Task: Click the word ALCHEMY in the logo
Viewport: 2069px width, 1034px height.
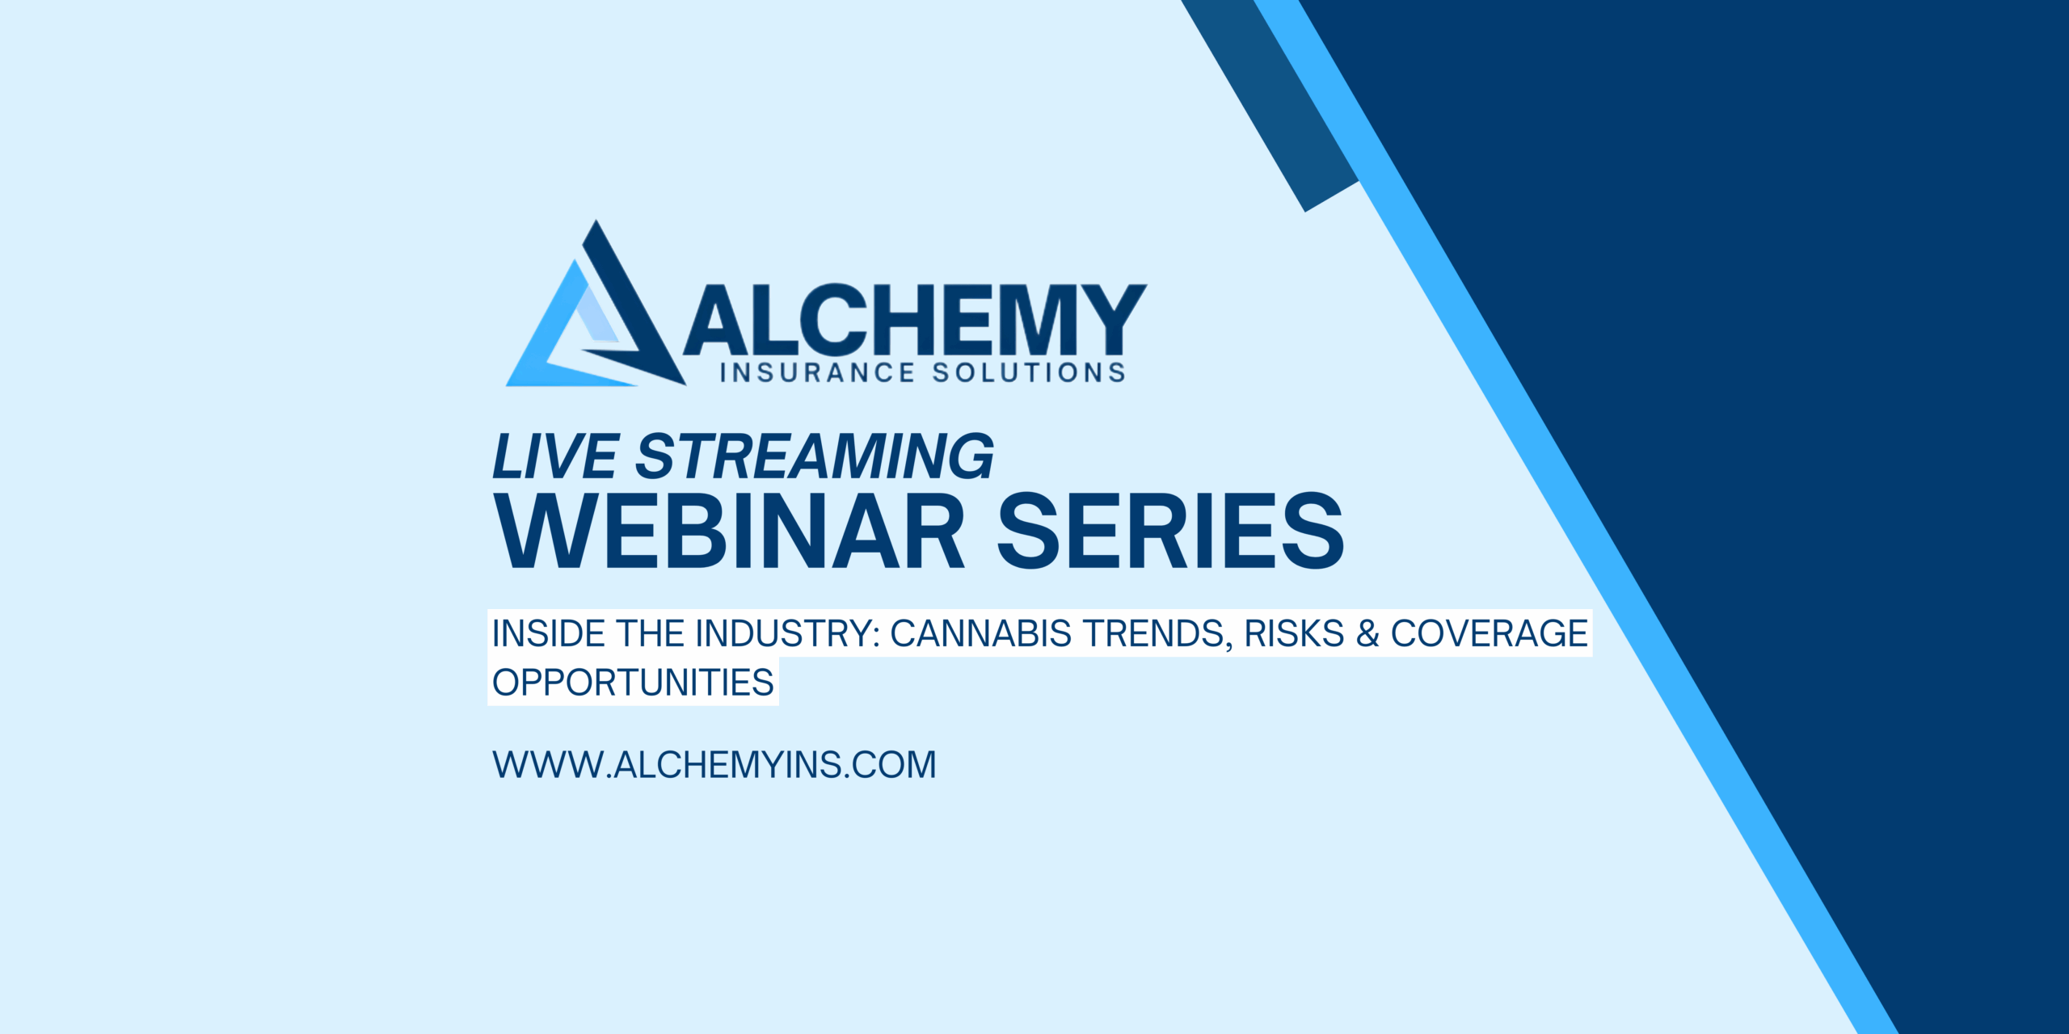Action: click(915, 320)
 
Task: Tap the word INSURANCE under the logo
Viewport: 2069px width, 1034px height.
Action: click(817, 373)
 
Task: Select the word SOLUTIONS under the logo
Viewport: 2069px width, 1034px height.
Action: click(1029, 373)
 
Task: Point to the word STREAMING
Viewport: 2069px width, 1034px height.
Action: click(815, 457)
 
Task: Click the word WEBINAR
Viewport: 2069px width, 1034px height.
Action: click(731, 531)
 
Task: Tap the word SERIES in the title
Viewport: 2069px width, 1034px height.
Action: click(1171, 531)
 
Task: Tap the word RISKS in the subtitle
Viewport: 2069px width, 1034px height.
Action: click(1294, 634)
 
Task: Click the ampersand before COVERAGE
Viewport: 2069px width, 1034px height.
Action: click(1367, 634)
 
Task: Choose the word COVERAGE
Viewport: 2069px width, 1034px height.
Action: click(1490, 634)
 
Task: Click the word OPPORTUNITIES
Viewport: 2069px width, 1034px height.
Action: click(634, 683)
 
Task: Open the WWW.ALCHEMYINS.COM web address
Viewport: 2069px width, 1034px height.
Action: click(714, 765)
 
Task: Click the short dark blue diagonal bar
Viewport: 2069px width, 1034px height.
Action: click(1270, 106)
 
